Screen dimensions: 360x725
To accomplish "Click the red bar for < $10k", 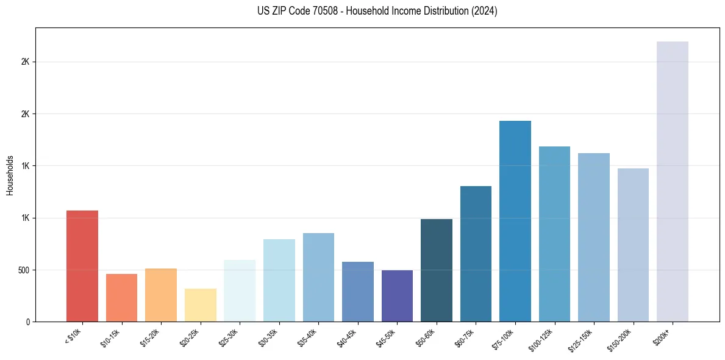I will (x=82, y=266).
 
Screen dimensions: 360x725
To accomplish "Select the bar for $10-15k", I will (x=121, y=298).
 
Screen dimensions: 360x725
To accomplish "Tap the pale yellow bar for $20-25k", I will (x=200, y=305).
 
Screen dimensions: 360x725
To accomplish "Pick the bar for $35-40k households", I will (x=318, y=278).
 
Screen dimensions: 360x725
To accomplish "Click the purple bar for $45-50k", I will (x=397, y=296).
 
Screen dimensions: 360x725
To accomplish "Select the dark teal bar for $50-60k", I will (x=437, y=270).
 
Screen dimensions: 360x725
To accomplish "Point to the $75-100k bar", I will (x=515, y=221).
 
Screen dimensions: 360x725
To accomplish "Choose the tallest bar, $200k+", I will (x=673, y=181).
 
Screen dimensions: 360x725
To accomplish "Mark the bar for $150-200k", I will (x=633, y=245).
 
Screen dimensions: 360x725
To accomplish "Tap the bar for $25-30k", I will (x=240, y=291).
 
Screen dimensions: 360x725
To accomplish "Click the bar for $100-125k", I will (x=554, y=234).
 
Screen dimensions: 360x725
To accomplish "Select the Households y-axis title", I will (x=10, y=175).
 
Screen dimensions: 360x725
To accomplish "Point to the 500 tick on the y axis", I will (x=26, y=270).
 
